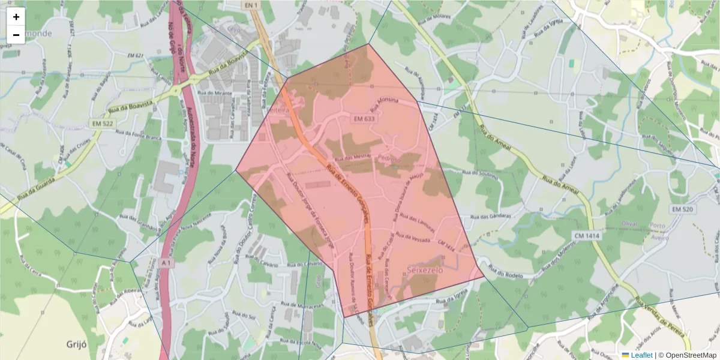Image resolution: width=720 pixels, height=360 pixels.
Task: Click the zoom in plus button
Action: click(x=16, y=17)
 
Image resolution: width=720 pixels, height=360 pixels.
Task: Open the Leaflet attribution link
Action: click(x=641, y=355)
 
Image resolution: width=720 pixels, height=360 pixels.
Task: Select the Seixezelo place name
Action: click(x=425, y=270)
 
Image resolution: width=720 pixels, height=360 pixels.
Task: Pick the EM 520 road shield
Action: click(x=683, y=209)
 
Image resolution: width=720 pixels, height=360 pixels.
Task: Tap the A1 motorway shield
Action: click(x=166, y=262)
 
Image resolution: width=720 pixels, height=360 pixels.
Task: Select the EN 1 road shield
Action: click(x=250, y=5)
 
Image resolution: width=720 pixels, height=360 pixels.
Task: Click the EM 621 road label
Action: click(x=136, y=56)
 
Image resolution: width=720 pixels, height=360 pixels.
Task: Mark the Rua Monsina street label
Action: click(x=384, y=106)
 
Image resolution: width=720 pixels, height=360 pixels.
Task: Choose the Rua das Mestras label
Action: click(x=353, y=157)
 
